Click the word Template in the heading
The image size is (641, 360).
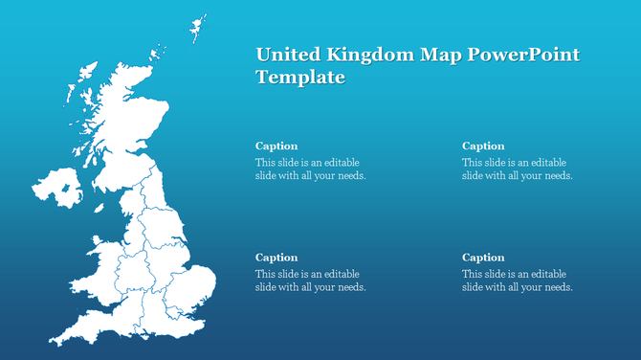(x=299, y=78)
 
